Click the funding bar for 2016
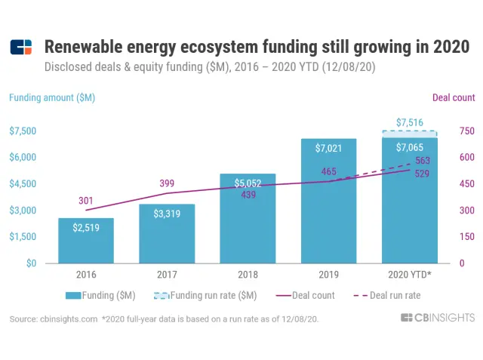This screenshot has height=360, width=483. [86, 240]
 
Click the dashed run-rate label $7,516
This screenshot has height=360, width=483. [409, 122]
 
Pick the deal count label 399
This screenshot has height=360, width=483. [167, 183]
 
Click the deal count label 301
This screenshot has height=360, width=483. [87, 201]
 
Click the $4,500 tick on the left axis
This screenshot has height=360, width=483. [23, 183]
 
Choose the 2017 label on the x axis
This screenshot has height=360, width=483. [167, 275]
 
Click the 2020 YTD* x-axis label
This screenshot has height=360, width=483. [409, 275]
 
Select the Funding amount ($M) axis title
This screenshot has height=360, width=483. [52, 97]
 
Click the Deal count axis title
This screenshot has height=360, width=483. [453, 97]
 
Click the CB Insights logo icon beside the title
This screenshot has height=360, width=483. [21, 48]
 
